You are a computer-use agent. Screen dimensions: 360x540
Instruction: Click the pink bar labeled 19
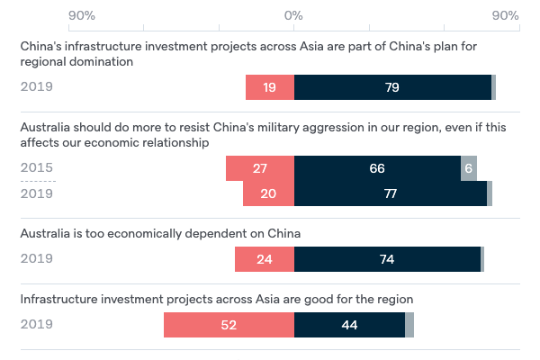pyautogui.click(x=270, y=87)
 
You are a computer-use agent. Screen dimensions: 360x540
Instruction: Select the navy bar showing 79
pyautogui.click(x=392, y=87)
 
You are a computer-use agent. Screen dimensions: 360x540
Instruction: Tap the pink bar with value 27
pyautogui.click(x=260, y=168)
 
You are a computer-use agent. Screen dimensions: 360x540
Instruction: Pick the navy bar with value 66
pyautogui.click(x=377, y=168)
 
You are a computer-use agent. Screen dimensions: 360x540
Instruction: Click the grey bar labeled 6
pyautogui.click(x=468, y=168)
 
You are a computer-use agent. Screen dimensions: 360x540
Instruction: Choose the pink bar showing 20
pyautogui.click(x=268, y=193)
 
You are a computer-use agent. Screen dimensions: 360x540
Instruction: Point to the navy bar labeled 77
pyautogui.click(x=391, y=193)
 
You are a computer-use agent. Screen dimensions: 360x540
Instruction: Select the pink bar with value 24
pyautogui.click(x=265, y=259)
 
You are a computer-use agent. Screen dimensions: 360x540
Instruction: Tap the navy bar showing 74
pyautogui.click(x=387, y=259)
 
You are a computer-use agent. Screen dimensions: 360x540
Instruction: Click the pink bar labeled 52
pyautogui.click(x=229, y=325)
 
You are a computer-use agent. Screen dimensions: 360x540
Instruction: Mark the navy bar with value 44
pyautogui.click(x=349, y=325)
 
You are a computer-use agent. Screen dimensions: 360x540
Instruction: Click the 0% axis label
pyautogui.click(x=293, y=16)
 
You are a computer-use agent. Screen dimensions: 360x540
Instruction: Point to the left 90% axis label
pyautogui.click(x=82, y=16)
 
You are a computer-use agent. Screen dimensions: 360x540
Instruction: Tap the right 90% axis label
pyautogui.click(x=506, y=16)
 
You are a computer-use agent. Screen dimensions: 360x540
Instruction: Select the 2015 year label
pyautogui.click(x=37, y=168)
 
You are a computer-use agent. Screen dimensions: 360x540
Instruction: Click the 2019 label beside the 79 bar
pyautogui.click(x=37, y=87)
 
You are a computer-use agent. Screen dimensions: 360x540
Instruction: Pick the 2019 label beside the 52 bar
pyautogui.click(x=37, y=325)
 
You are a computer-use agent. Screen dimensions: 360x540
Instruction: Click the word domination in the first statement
pyautogui.click(x=103, y=62)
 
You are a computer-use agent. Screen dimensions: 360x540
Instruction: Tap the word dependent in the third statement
pyautogui.click(x=215, y=234)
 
